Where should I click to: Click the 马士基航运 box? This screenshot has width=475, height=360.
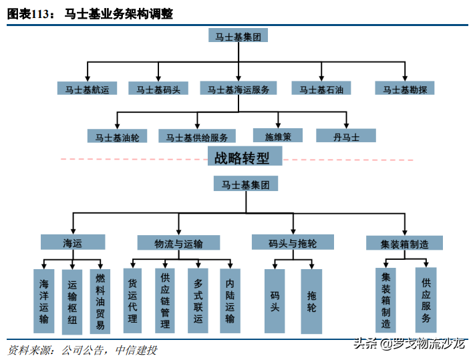point(87,88)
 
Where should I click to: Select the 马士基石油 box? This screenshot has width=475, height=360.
point(321,88)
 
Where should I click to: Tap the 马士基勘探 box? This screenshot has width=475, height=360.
point(406,88)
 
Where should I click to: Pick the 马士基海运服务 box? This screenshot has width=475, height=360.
point(238,88)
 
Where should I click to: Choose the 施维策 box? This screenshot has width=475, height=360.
point(279,136)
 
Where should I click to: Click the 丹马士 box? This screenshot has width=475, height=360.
point(346,136)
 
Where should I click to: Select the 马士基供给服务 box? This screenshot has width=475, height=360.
point(197,136)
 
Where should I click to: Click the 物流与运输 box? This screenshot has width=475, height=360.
point(178,242)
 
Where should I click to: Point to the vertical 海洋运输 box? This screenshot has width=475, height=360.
point(43,301)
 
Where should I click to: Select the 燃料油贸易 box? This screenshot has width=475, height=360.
point(100,301)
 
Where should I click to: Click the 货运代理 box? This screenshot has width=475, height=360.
point(132,300)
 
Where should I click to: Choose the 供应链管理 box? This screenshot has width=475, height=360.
point(165,300)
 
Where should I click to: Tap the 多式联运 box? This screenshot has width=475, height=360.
point(198,300)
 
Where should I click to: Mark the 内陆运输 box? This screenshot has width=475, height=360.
point(230,300)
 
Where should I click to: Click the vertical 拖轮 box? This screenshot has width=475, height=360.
point(311,301)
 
